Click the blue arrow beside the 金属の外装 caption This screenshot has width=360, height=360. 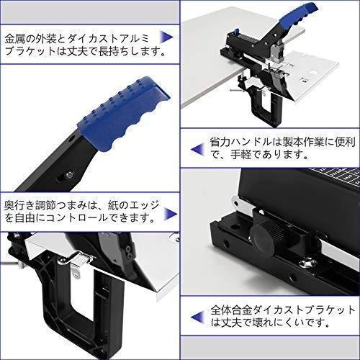[x=166, y=37]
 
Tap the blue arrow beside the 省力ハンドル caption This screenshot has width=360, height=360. [x=198, y=149]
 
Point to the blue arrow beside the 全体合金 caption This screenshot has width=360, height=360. [x=198, y=317]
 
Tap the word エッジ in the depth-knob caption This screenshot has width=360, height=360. [x=145, y=205]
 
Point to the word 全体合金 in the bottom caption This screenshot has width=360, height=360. [x=231, y=310]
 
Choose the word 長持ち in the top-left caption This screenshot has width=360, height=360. [x=109, y=52]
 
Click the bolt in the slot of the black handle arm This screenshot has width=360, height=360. [x=70, y=175]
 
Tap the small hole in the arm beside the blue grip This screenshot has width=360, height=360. [x=73, y=139]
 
